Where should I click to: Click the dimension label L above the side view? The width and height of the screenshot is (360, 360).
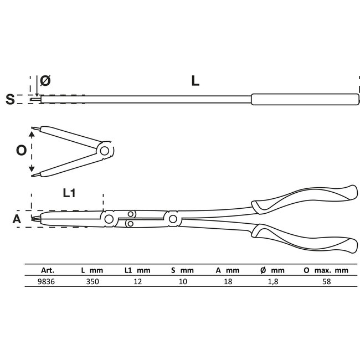tap(195, 81)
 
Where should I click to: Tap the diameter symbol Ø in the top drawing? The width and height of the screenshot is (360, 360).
tap(45, 81)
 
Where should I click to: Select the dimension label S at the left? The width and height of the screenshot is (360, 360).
tap(9, 100)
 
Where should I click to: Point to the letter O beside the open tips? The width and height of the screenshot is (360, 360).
tap(21, 151)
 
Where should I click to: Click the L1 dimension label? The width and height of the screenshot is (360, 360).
tap(69, 193)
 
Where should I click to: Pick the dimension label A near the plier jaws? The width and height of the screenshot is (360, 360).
tap(17, 219)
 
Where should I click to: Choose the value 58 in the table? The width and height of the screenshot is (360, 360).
tap(326, 281)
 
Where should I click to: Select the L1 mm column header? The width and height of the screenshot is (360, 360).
tap(136, 270)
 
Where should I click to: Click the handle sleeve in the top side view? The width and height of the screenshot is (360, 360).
tap(302, 100)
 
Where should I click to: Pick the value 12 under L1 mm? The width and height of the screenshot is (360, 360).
tap(136, 281)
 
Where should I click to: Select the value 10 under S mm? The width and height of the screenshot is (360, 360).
tap(183, 281)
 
